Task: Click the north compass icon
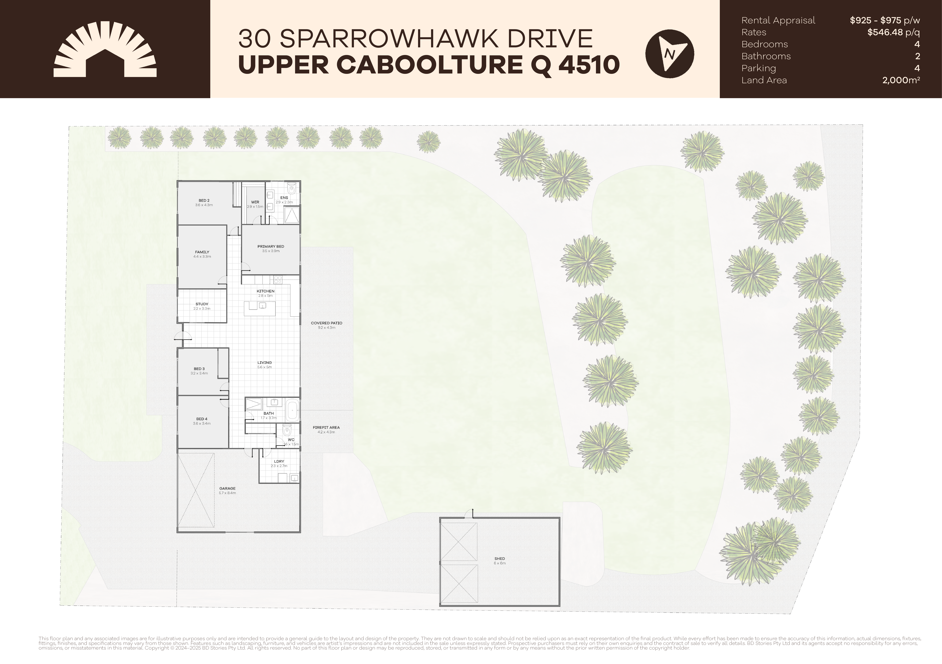tap(670, 54)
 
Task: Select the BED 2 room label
tap(204, 201)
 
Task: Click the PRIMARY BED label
tap(271, 247)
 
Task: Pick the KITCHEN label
tap(265, 291)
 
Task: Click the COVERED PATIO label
tap(327, 323)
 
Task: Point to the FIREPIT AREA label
tap(326, 427)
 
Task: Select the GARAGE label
tap(227, 488)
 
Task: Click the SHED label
tap(500, 559)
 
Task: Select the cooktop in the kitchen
tap(278, 280)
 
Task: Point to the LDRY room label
tap(279, 461)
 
